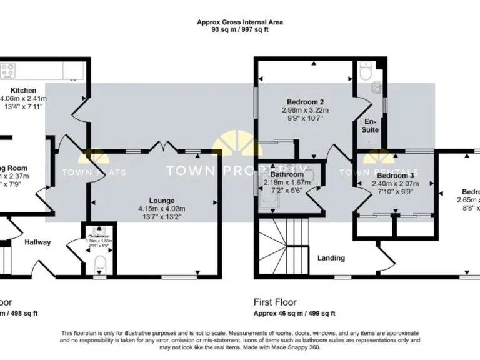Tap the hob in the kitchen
coord(8,71)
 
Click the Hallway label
coord(38,242)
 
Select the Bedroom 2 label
coord(305,102)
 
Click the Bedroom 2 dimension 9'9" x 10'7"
coord(305,118)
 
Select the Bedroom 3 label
coord(394,176)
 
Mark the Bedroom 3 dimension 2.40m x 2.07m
coord(394,184)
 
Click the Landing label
coord(332,257)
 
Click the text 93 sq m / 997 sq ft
coord(240,29)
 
